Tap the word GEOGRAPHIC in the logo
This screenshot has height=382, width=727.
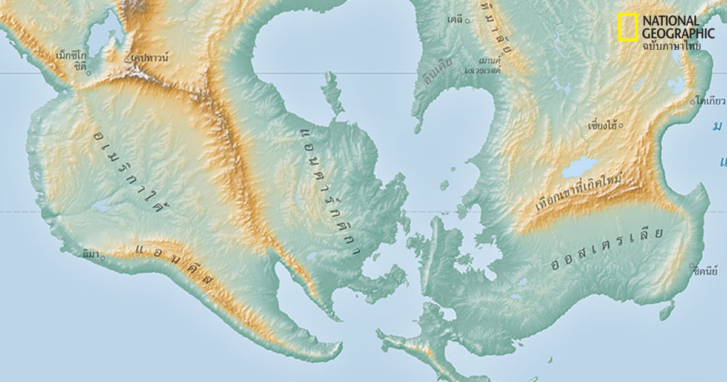(678, 33)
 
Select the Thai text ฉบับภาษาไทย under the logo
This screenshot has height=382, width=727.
(671, 45)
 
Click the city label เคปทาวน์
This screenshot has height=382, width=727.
(150, 58)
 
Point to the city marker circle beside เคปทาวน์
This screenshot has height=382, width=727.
(127, 60)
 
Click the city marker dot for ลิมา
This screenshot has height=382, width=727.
(102, 258)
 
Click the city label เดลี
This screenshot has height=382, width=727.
(455, 20)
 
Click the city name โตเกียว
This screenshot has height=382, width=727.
(711, 101)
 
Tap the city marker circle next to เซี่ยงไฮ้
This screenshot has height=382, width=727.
(620, 126)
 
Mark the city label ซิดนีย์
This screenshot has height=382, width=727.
(705, 271)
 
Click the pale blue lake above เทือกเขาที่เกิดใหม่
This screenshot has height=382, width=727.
(580, 166)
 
